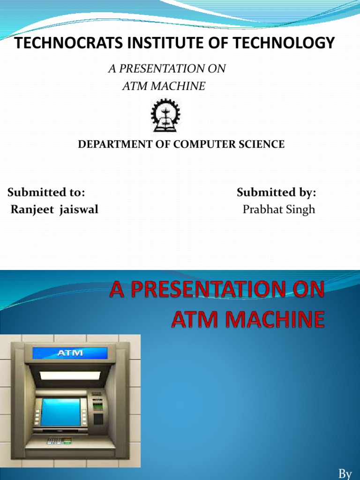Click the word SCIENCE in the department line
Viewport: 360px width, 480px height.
(261, 144)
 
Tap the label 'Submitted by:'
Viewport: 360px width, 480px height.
(277, 192)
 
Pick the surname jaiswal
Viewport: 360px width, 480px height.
(78, 210)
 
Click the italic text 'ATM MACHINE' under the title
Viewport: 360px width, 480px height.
(163, 86)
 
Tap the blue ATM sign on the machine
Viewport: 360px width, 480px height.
(70, 352)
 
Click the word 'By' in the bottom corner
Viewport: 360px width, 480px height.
(345, 474)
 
